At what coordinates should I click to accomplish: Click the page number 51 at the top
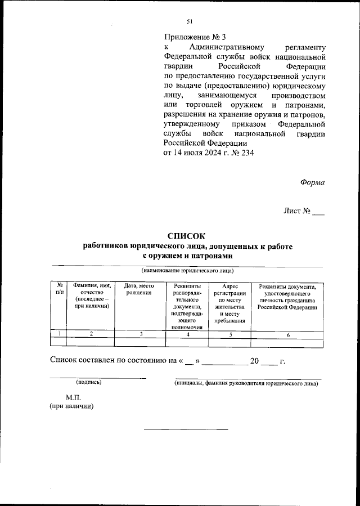tap(189, 21)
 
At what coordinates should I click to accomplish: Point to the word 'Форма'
tap(312, 182)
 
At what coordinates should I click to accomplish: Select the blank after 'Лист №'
tap(318, 212)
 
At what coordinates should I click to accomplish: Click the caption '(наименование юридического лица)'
tap(187, 270)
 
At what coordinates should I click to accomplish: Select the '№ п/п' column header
tap(58, 289)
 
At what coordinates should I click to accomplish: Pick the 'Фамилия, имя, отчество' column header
tap(90, 296)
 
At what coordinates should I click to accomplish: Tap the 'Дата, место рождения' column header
tap(139, 289)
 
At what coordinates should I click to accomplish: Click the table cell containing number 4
tap(187, 334)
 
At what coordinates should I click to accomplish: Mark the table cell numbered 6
tap(287, 334)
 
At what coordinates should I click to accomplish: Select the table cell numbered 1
tap(58, 334)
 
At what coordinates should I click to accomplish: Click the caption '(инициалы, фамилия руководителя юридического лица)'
tap(246, 384)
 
